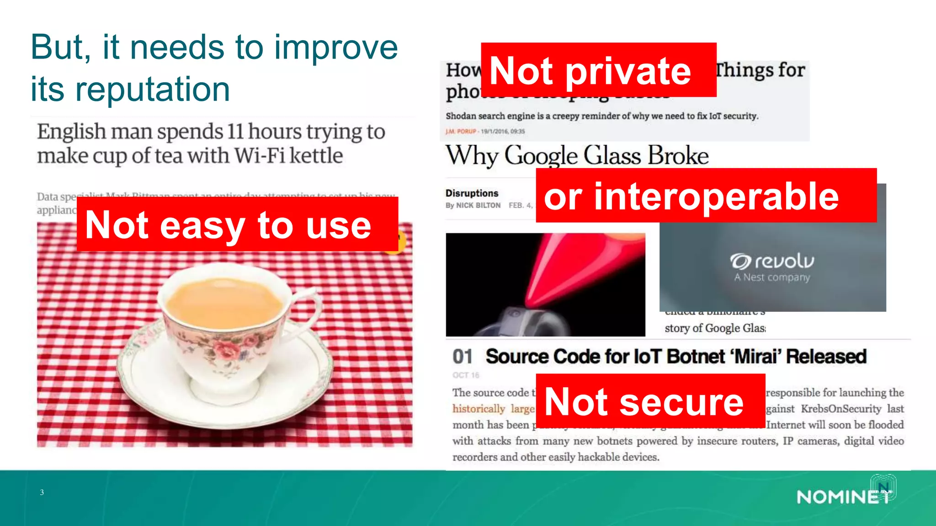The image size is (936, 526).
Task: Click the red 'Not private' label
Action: [598, 70]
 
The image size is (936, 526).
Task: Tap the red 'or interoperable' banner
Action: [706, 195]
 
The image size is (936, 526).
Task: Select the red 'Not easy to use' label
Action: [237, 224]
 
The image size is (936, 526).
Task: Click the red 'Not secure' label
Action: [650, 401]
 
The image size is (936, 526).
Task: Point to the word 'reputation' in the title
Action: [153, 89]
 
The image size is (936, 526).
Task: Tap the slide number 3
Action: [42, 492]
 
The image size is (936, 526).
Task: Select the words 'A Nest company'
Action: [772, 277]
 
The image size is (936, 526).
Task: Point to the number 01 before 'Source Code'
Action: [463, 357]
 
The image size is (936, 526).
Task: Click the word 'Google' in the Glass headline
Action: [541, 156]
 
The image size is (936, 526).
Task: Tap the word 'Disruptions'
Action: [472, 193]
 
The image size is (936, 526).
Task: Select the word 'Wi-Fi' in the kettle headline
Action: [260, 156]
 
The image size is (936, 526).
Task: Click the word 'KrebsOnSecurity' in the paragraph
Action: [841, 409]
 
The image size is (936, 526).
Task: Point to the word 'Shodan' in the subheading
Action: [461, 116]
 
